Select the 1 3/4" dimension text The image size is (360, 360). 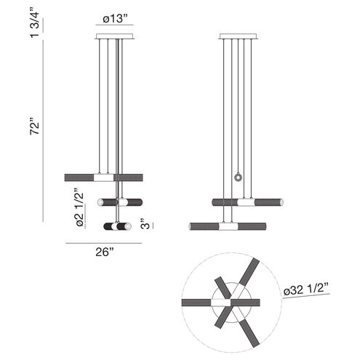point(35,20)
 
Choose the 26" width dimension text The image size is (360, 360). point(104,252)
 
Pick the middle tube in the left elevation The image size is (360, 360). point(120,202)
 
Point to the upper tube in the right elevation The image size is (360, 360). point(247,201)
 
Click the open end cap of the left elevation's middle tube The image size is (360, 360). point(140,202)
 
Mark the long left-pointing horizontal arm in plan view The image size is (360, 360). point(211,301)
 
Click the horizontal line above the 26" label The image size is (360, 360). point(104,242)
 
